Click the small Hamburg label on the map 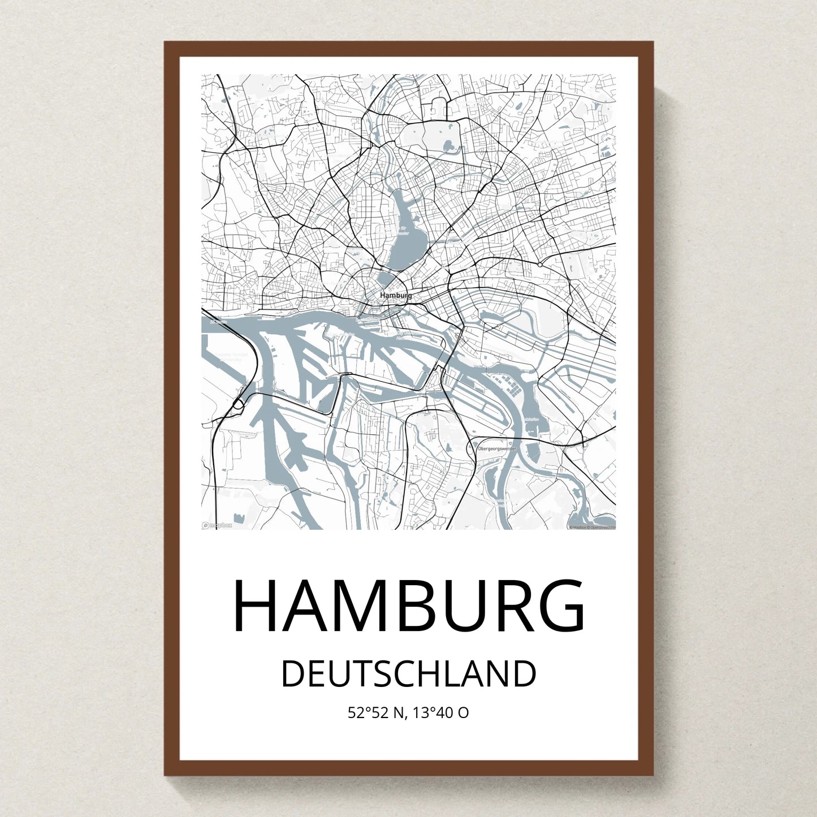pyautogui.click(x=396, y=295)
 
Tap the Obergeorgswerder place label pyautogui.click(x=497, y=448)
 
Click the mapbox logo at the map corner pyautogui.click(x=217, y=525)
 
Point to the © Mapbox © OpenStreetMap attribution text pyautogui.click(x=592, y=527)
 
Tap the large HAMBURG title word pyautogui.click(x=408, y=606)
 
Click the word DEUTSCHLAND pyautogui.click(x=408, y=674)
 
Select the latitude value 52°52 pyautogui.click(x=368, y=713)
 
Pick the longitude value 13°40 pyautogui.click(x=433, y=713)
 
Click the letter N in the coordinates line pyautogui.click(x=399, y=713)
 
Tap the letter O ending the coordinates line pyautogui.click(x=463, y=713)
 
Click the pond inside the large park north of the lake pyautogui.click(x=449, y=146)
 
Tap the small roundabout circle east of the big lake pyautogui.click(x=540, y=264)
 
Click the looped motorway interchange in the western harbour pyautogui.click(x=238, y=404)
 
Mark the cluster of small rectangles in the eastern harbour pyautogui.click(x=513, y=386)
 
